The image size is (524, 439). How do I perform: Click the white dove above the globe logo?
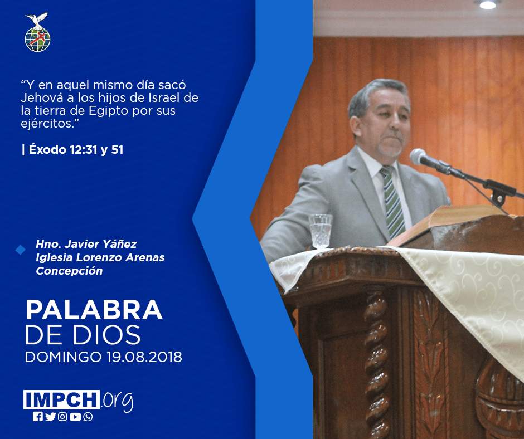[x=36, y=19]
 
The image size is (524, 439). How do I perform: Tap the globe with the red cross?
[x=37, y=40]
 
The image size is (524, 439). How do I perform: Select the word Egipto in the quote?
[x=109, y=111]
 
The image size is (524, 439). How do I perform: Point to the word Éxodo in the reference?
[x=47, y=149]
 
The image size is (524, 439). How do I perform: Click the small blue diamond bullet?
[x=21, y=250]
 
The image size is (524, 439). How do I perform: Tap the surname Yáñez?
[x=120, y=244]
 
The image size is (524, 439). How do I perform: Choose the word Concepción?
[x=69, y=271]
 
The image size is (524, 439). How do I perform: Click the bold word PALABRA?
[x=94, y=310]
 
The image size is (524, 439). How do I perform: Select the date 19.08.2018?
[x=144, y=357]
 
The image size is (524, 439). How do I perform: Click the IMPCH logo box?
[x=61, y=399]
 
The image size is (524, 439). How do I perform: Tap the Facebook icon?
[x=38, y=417]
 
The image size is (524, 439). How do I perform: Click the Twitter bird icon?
[x=51, y=417]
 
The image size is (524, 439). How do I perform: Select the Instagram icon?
[x=62, y=417]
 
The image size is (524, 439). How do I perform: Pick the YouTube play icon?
[x=75, y=417]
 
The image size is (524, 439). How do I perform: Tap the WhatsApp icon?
[x=88, y=417]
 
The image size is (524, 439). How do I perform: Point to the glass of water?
[x=321, y=232]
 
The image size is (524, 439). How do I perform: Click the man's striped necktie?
[x=392, y=202]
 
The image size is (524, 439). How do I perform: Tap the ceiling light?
[x=488, y=4]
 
